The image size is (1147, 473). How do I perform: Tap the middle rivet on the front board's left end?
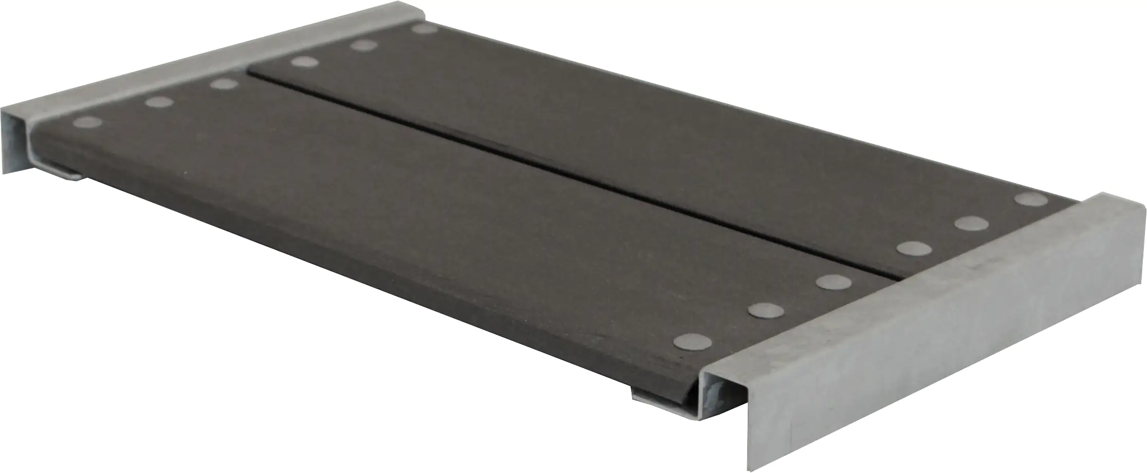(x=159, y=102)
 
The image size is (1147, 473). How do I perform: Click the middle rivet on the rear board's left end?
(x=364, y=46)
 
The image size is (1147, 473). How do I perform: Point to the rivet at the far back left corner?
(x=424, y=28)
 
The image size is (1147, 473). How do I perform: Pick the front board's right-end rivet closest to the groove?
(x=832, y=281)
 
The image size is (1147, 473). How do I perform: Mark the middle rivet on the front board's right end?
(x=765, y=310)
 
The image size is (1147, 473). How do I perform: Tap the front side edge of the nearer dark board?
(x=360, y=257)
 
